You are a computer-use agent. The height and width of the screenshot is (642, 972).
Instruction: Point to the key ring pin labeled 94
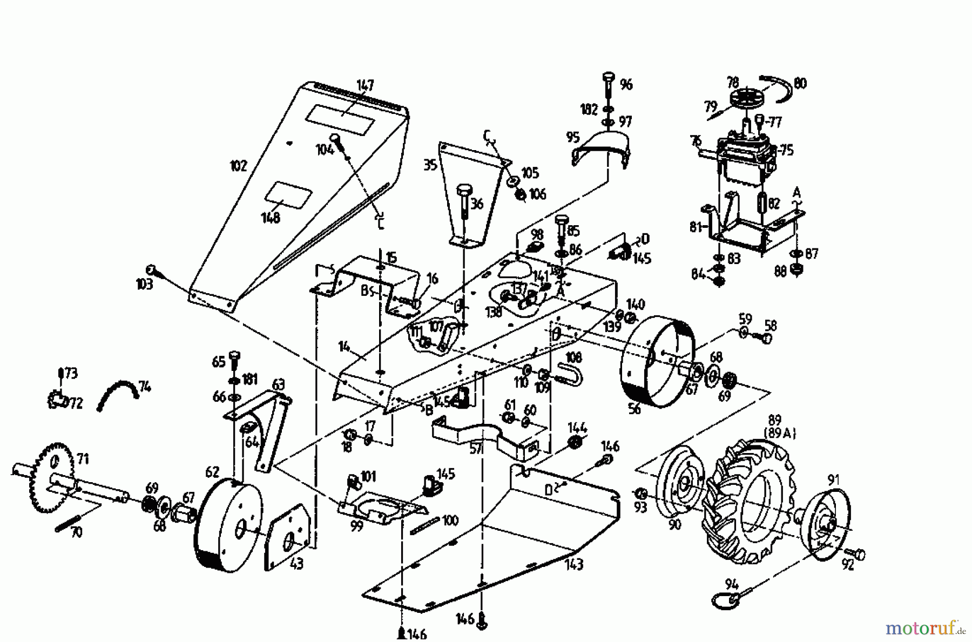(724, 598)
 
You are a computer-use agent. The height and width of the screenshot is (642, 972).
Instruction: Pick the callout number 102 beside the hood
(238, 165)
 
